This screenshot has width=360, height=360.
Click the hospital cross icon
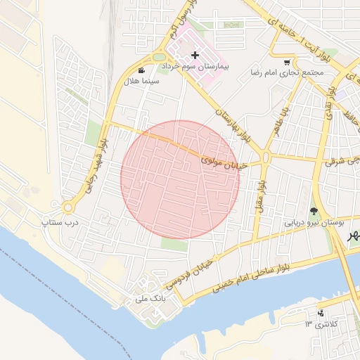[195, 55]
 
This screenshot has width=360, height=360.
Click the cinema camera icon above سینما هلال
[142, 71]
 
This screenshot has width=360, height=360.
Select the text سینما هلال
[142, 82]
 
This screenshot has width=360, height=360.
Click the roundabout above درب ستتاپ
[67, 207]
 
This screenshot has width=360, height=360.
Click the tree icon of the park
[313, 211]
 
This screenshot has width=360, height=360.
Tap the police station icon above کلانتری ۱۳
[321, 313]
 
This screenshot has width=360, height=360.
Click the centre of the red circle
[180, 180]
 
